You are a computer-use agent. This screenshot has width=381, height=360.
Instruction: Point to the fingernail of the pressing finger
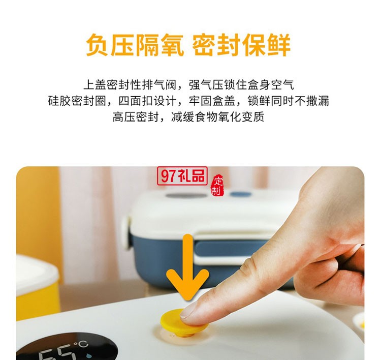point(190,310)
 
